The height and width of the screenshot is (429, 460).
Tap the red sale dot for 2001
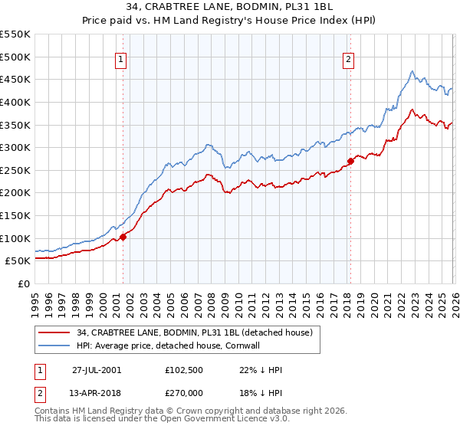click(123, 237)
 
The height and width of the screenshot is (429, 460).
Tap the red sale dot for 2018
click(350, 161)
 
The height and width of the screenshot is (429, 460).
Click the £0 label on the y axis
click(23, 283)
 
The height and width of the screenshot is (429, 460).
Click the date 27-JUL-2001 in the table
click(96, 369)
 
